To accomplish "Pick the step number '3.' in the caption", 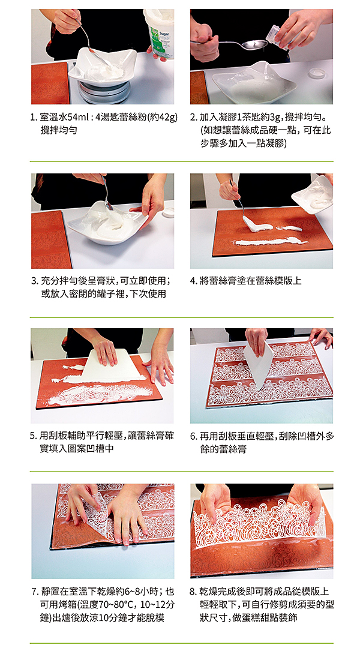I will [34, 280].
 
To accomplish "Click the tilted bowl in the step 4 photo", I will [313, 194].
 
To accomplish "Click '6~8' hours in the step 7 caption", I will [131, 591].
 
